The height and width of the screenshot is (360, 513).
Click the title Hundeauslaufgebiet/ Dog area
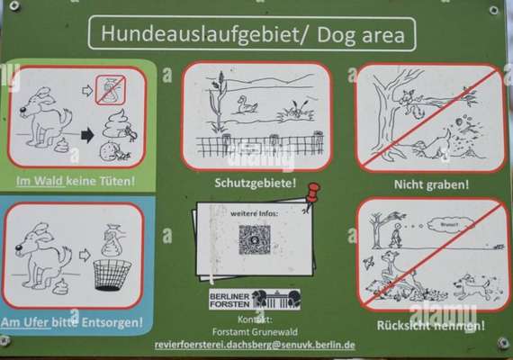point(252,34)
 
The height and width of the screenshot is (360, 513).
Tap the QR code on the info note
point(255,239)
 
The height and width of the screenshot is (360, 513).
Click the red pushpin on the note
point(311,193)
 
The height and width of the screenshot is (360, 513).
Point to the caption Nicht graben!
point(431,184)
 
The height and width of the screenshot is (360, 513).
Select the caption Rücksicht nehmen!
point(431,325)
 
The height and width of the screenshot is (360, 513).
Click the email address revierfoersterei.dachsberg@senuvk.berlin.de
point(255,345)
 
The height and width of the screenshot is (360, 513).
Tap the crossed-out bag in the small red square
point(111,89)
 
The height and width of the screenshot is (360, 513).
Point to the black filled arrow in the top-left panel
point(87,136)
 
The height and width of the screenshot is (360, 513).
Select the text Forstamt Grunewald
point(255,330)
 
